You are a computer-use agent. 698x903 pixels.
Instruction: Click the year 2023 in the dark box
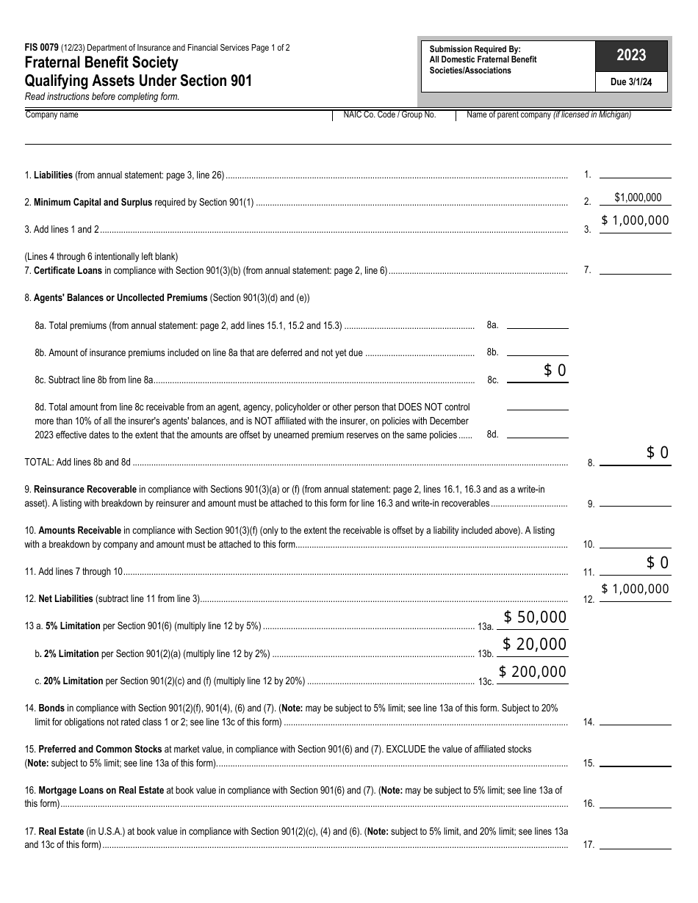click(631, 55)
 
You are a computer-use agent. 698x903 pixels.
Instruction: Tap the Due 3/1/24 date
click(631, 82)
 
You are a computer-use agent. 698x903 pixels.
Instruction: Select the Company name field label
click(51, 115)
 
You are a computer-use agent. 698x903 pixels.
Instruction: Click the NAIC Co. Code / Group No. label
click(389, 115)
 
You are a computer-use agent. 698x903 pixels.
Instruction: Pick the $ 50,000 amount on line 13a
click(535, 617)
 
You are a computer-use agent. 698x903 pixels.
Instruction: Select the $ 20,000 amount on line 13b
click(535, 645)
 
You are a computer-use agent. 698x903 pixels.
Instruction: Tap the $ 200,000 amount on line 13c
click(533, 672)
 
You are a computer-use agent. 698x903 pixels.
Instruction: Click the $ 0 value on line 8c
click(555, 371)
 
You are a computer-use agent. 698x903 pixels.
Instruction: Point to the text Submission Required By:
click(475, 49)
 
